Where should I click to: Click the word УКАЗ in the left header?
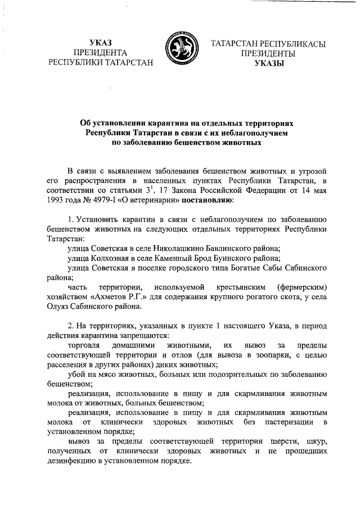[x=101, y=43]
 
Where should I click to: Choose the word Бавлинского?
[x=227, y=248]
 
